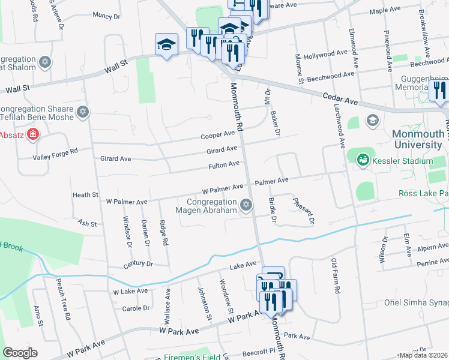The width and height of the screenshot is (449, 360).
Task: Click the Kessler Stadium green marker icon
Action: point(363,160)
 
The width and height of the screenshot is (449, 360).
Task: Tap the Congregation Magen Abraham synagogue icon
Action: point(246,206)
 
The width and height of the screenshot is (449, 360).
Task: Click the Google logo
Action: point(20,352)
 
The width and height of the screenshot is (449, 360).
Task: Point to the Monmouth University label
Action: point(417,139)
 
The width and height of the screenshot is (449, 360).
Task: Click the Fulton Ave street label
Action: point(224,164)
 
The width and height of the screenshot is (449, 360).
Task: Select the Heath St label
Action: point(85,195)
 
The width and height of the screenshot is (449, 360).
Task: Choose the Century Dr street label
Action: point(138,263)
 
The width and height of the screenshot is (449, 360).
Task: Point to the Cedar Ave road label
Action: point(340,95)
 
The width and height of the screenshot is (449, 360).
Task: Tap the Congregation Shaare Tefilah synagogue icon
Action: point(83,111)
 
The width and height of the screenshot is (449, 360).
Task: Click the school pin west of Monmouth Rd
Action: point(166,44)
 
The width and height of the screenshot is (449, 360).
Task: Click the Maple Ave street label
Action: point(387,11)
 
